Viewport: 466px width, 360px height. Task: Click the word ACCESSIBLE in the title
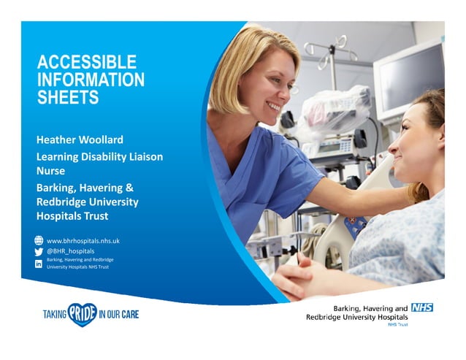click(87, 63)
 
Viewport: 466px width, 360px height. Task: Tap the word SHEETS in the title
click(68, 97)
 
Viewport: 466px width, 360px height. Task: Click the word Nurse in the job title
click(51, 171)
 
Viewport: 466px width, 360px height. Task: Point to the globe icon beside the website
click(39, 240)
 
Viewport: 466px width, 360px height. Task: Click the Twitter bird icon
click(39, 251)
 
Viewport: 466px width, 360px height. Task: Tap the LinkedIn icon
click(39, 264)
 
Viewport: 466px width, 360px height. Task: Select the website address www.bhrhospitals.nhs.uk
click(83, 240)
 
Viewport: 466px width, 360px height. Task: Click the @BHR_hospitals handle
click(71, 251)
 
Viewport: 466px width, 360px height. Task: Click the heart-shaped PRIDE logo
click(82, 314)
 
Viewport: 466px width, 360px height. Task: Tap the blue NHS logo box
click(421, 307)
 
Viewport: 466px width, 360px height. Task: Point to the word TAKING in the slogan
click(55, 314)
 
